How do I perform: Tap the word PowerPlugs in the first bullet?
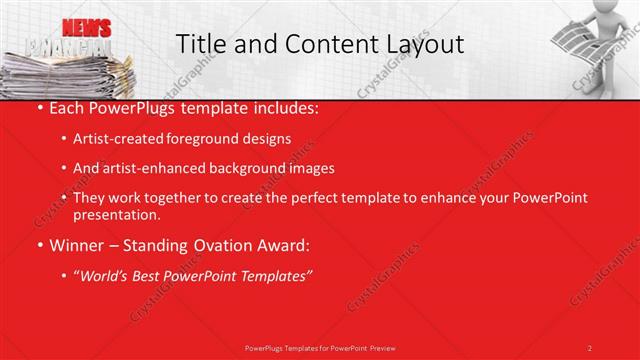point(132,108)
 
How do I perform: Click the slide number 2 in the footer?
point(590,347)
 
